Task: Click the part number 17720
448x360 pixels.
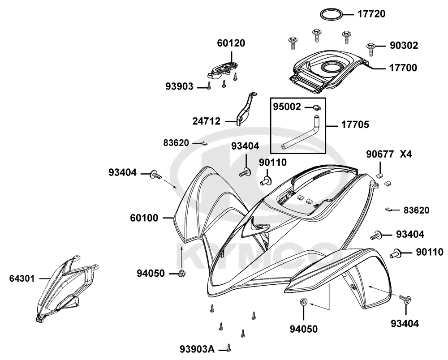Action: tap(371, 14)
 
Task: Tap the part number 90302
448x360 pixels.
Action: tap(404, 45)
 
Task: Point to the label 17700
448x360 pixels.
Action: tap(403, 68)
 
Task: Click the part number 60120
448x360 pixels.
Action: tap(231, 43)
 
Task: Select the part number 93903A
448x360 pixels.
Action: tap(197, 349)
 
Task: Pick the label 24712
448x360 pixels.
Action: tap(206, 121)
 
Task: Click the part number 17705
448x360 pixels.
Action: tap(355, 125)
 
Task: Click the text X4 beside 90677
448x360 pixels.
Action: tap(406, 154)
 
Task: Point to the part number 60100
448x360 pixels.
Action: tap(144, 218)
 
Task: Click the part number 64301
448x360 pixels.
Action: tap(22, 279)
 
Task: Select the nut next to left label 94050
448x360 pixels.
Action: tap(181, 274)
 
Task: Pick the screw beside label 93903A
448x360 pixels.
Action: tap(228, 348)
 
